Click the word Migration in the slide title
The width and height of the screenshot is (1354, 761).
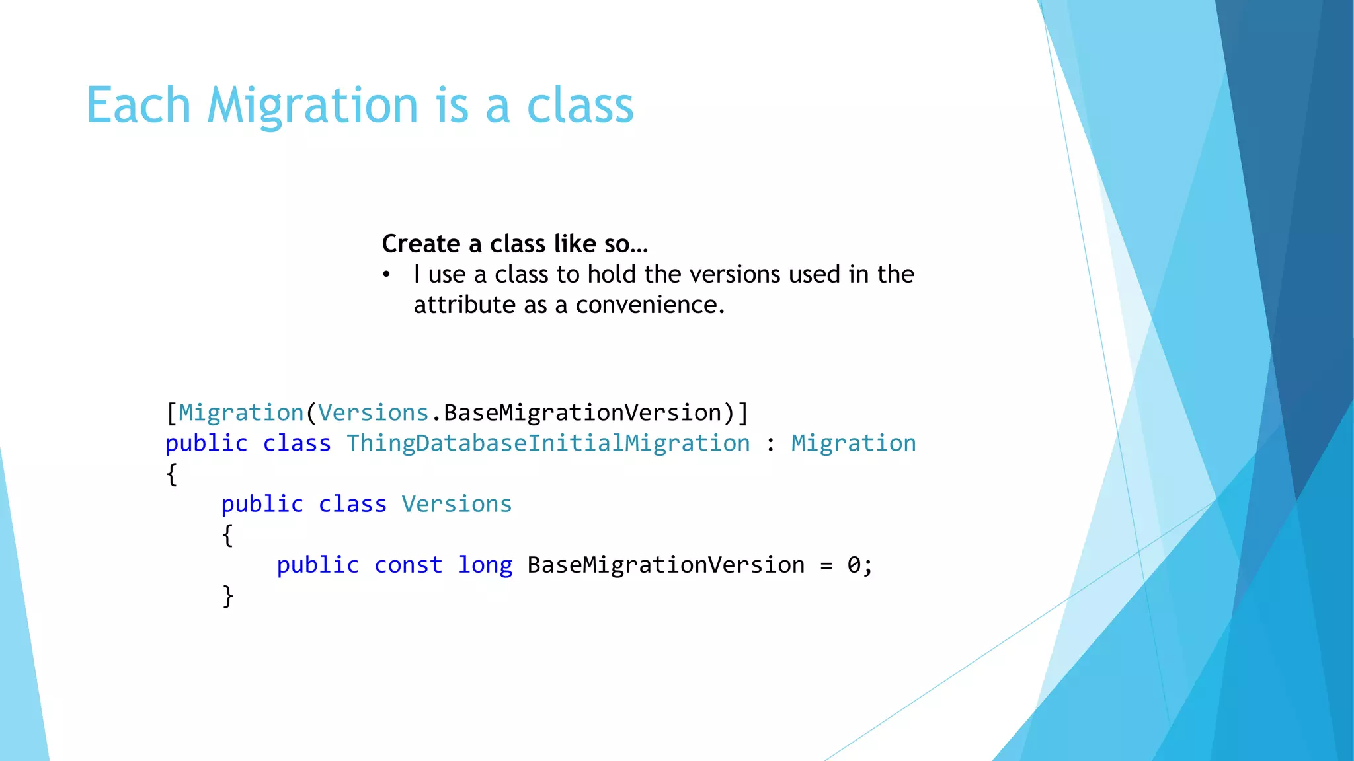coord(312,106)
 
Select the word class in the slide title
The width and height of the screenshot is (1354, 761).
coord(580,106)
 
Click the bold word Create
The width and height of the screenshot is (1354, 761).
coord(421,244)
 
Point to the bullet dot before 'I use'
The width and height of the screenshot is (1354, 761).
coord(387,275)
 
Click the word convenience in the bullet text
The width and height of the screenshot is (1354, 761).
coord(650,305)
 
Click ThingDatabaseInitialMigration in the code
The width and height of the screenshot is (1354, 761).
coord(548,443)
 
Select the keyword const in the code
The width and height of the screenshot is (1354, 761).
coord(408,565)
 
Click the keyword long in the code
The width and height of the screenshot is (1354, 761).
coord(485,565)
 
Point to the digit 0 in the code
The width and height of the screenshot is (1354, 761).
coord(854,565)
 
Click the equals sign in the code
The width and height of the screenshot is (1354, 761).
coord(826,566)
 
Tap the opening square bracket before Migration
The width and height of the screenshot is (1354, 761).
coord(171,414)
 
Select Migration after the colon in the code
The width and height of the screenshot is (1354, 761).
coord(854,443)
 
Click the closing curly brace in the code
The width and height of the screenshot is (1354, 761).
coord(228,596)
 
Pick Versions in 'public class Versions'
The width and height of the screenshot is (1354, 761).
coord(456,505)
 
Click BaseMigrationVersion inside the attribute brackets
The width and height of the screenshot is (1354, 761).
coord(582,413)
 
